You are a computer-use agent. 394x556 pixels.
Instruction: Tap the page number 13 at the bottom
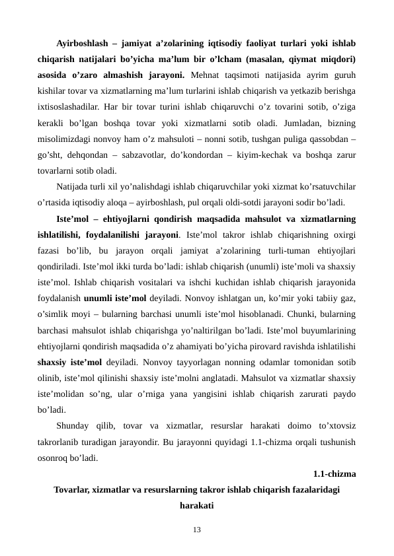tap(197, 530)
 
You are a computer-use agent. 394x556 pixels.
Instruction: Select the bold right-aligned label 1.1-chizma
tap(335, 473)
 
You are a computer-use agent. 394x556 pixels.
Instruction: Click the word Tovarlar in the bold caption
tap(73, 489)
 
